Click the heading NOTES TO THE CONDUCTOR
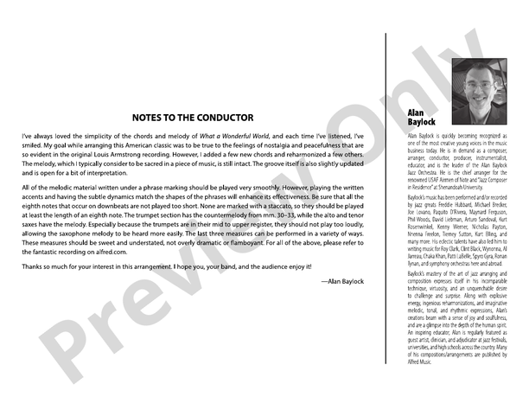pos(193,117)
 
